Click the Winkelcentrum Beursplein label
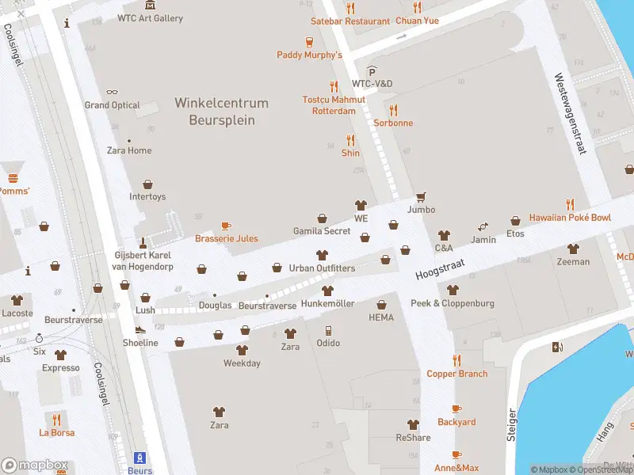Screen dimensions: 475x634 coord(222,112)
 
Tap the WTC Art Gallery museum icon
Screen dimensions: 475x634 coord(151,6)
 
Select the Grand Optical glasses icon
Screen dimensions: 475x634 coord(112,92)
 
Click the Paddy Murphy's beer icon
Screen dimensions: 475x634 coord(309,42)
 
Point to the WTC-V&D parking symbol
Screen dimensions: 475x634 coord(371,71)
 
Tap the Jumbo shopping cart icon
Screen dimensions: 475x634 coord(421,196)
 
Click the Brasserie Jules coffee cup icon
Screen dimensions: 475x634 coord(226,226)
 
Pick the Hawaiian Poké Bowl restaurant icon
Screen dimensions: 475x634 coord(569,204)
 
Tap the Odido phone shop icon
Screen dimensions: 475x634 coord(328,330)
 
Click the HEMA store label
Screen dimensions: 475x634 coord(381,317)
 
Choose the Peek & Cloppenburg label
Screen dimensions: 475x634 coord(452,303)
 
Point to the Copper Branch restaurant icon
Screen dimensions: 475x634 coord(456,360)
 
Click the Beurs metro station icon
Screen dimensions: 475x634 coord(140,458)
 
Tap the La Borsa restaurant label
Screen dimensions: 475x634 coord(56,433)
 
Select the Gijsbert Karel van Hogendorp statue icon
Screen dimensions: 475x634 coord(143,242)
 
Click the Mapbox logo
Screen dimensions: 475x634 coord(34,465)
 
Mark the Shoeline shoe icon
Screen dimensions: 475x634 coord(140,330)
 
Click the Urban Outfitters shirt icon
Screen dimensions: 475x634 coord(322,255)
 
